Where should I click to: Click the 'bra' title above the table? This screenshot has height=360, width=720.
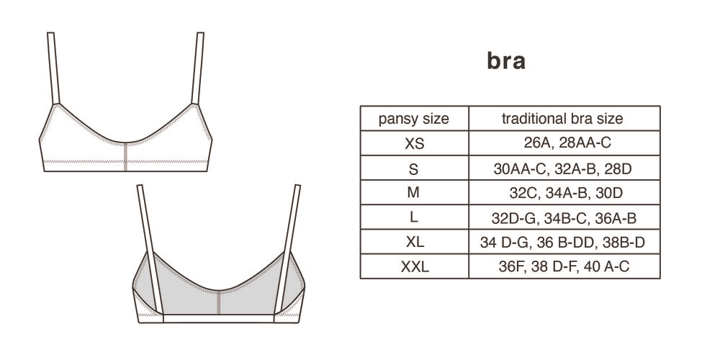[x=506, y=61]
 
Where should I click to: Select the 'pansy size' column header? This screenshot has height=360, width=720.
[x=414, y=119]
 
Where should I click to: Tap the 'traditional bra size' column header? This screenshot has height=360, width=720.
[x=562, y=119]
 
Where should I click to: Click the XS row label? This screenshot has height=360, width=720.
[x=414, y=144]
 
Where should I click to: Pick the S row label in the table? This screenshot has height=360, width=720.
[x=414, y=169]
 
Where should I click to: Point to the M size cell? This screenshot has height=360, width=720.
[x=414, y=192]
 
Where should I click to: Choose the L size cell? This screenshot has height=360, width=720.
[x=414, y=217]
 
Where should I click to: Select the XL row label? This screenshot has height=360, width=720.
[x=415, y=242]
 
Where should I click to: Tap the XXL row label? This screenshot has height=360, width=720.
[x=415, y=266]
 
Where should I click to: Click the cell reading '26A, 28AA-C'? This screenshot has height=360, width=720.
[x=567, y=143]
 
